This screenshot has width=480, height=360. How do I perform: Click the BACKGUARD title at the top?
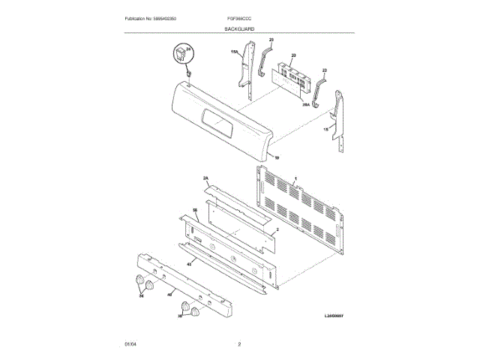point(239,28)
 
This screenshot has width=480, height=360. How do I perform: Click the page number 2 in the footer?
point(239,344)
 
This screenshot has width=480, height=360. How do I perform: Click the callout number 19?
point(276,158)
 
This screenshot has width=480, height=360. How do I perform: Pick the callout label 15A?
point(234,52)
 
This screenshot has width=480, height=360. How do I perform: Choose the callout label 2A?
point(206,178)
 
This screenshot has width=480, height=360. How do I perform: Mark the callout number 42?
point(189,265)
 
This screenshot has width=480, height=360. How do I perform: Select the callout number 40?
point(169,294)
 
